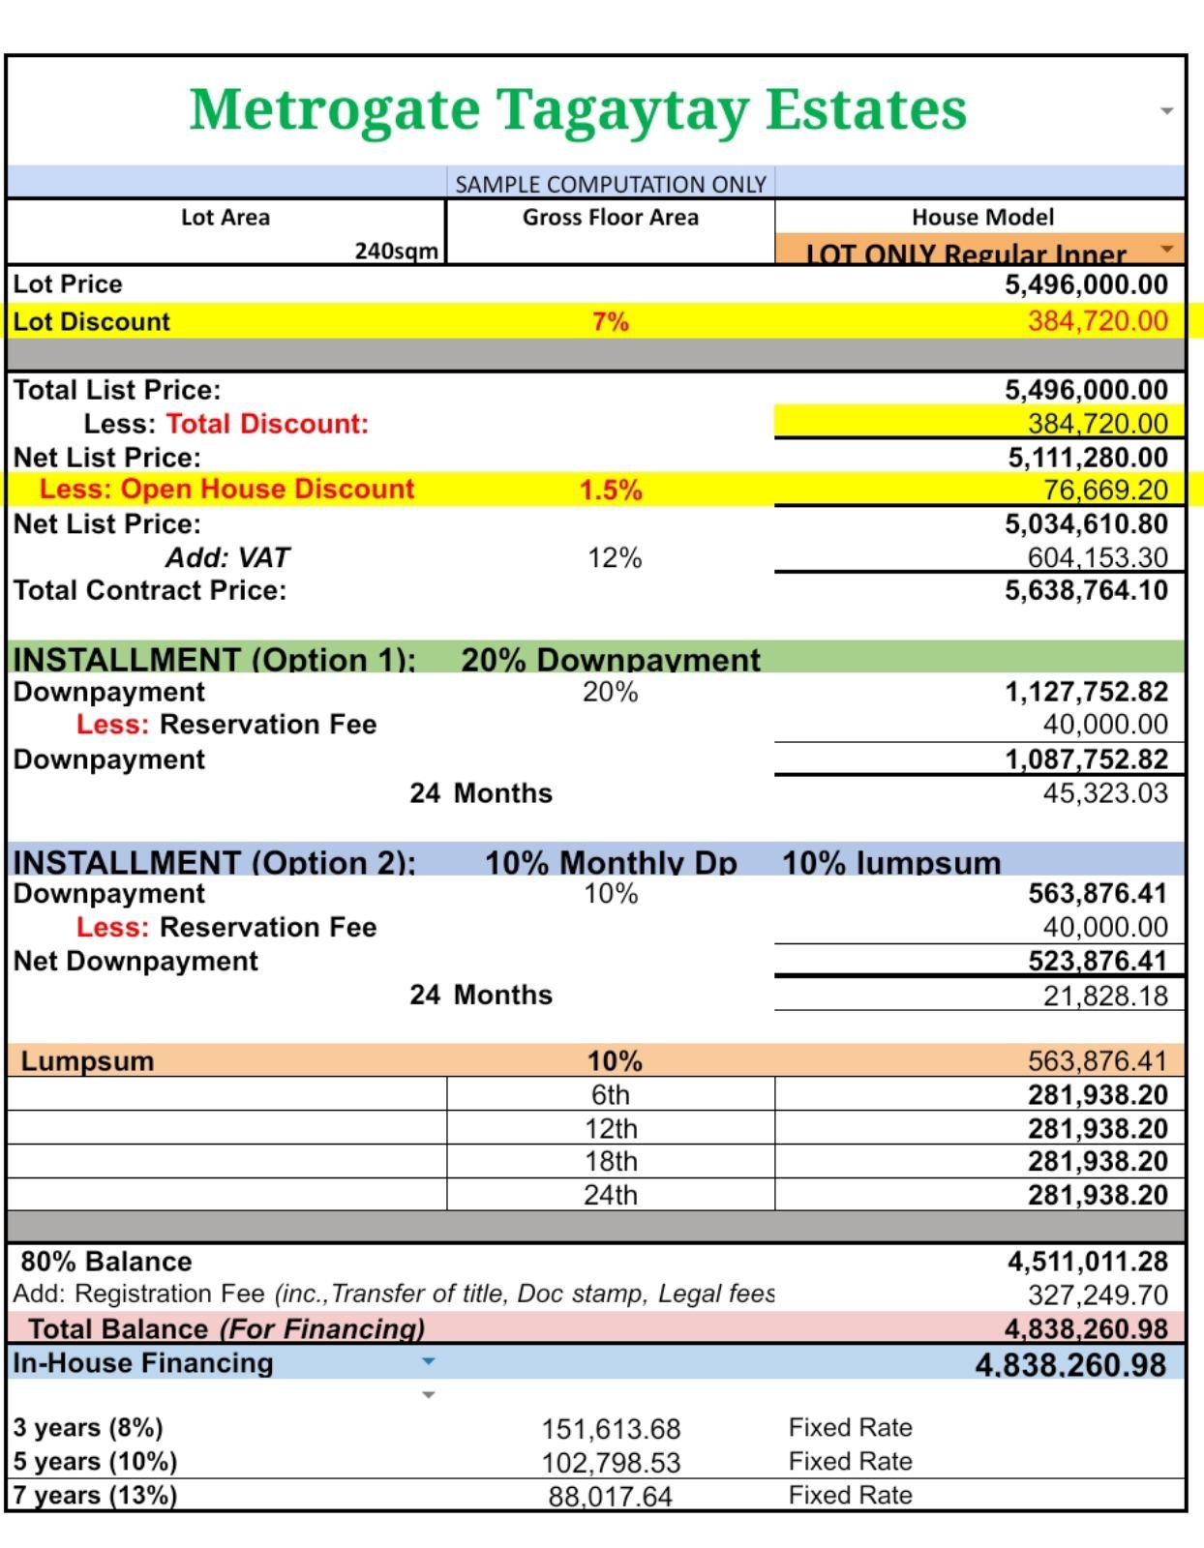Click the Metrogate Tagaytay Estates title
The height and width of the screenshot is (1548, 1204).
pos(578,109)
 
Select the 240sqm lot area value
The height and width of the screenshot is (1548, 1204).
pos(396,251)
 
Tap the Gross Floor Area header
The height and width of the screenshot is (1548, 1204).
pos(610,217)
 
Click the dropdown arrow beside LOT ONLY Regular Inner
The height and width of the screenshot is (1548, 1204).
pos(1166,250)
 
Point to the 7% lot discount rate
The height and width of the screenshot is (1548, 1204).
pos(610,321)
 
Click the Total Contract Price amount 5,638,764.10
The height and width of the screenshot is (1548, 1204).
pos(1085,590)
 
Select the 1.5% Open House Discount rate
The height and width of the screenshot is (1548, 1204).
pos(610,490)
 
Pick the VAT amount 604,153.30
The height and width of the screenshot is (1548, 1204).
pos(1097,557)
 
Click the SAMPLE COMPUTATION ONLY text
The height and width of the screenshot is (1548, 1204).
pos(610,184)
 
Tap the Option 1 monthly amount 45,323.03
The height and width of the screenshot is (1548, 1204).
pos(1104,793)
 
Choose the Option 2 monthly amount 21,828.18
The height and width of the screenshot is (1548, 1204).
pos(1104,996)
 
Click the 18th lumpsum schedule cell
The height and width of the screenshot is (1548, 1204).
pos(610,1161)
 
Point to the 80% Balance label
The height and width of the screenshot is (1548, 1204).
pos(106,1262)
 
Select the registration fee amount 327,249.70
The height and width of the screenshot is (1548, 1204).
pos(1097,1295)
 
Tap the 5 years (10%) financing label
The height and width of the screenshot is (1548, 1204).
pos(95,1461)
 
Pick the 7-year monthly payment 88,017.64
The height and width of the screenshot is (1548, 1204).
pos(610,1497)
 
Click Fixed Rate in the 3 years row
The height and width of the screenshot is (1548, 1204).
pos(850,1427)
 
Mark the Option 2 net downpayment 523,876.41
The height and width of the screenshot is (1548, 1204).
pos(1097,961)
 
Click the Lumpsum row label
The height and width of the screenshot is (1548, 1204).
pos(87,1061)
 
